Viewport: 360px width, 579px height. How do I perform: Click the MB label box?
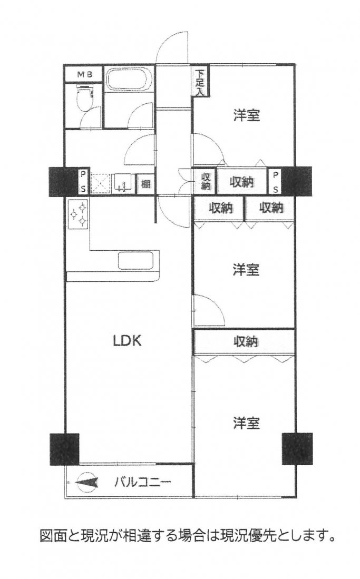(83, 74)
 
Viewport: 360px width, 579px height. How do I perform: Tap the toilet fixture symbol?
(84, 98)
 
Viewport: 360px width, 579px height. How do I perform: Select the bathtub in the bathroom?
(129, 78)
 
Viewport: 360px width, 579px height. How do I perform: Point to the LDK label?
(127, 341)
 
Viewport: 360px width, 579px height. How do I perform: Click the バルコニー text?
(142, 482)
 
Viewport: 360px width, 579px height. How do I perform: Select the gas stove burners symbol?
(79, 214)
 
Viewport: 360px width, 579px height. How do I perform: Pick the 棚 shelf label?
(145, 183)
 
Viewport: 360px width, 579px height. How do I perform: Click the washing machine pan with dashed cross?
(100, 183)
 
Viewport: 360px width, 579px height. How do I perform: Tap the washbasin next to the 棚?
(123, 183)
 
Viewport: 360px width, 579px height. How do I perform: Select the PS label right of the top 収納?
(276, 182)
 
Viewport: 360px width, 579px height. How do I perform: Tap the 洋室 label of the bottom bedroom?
(247, 423)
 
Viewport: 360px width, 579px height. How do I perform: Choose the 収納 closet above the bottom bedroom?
(245, 342)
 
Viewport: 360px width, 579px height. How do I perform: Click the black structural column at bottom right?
(297, 448)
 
